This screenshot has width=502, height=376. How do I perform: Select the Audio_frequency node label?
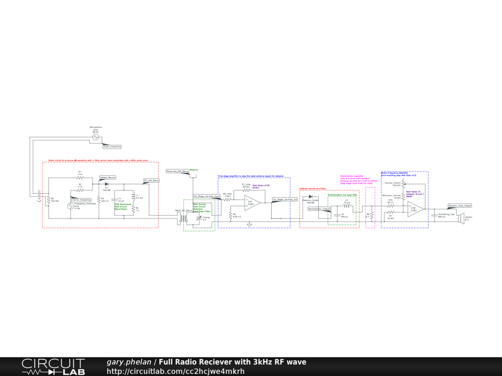112,146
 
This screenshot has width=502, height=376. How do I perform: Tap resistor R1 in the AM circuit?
80,178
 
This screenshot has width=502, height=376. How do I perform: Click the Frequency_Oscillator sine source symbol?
71,207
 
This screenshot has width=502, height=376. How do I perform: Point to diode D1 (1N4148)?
106,184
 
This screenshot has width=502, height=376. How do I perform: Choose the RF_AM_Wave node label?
151,181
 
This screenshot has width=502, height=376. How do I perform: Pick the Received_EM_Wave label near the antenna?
177,171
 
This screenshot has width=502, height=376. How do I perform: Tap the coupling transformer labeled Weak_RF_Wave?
184,217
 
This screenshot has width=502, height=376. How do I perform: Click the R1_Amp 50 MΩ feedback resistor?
247,191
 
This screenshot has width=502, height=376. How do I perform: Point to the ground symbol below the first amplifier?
250,225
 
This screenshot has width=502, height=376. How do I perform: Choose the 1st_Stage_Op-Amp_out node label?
285,200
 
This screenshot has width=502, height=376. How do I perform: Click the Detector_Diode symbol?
310,197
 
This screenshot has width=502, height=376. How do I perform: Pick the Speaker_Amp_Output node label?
460,206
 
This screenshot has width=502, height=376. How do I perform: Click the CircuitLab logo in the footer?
53,367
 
